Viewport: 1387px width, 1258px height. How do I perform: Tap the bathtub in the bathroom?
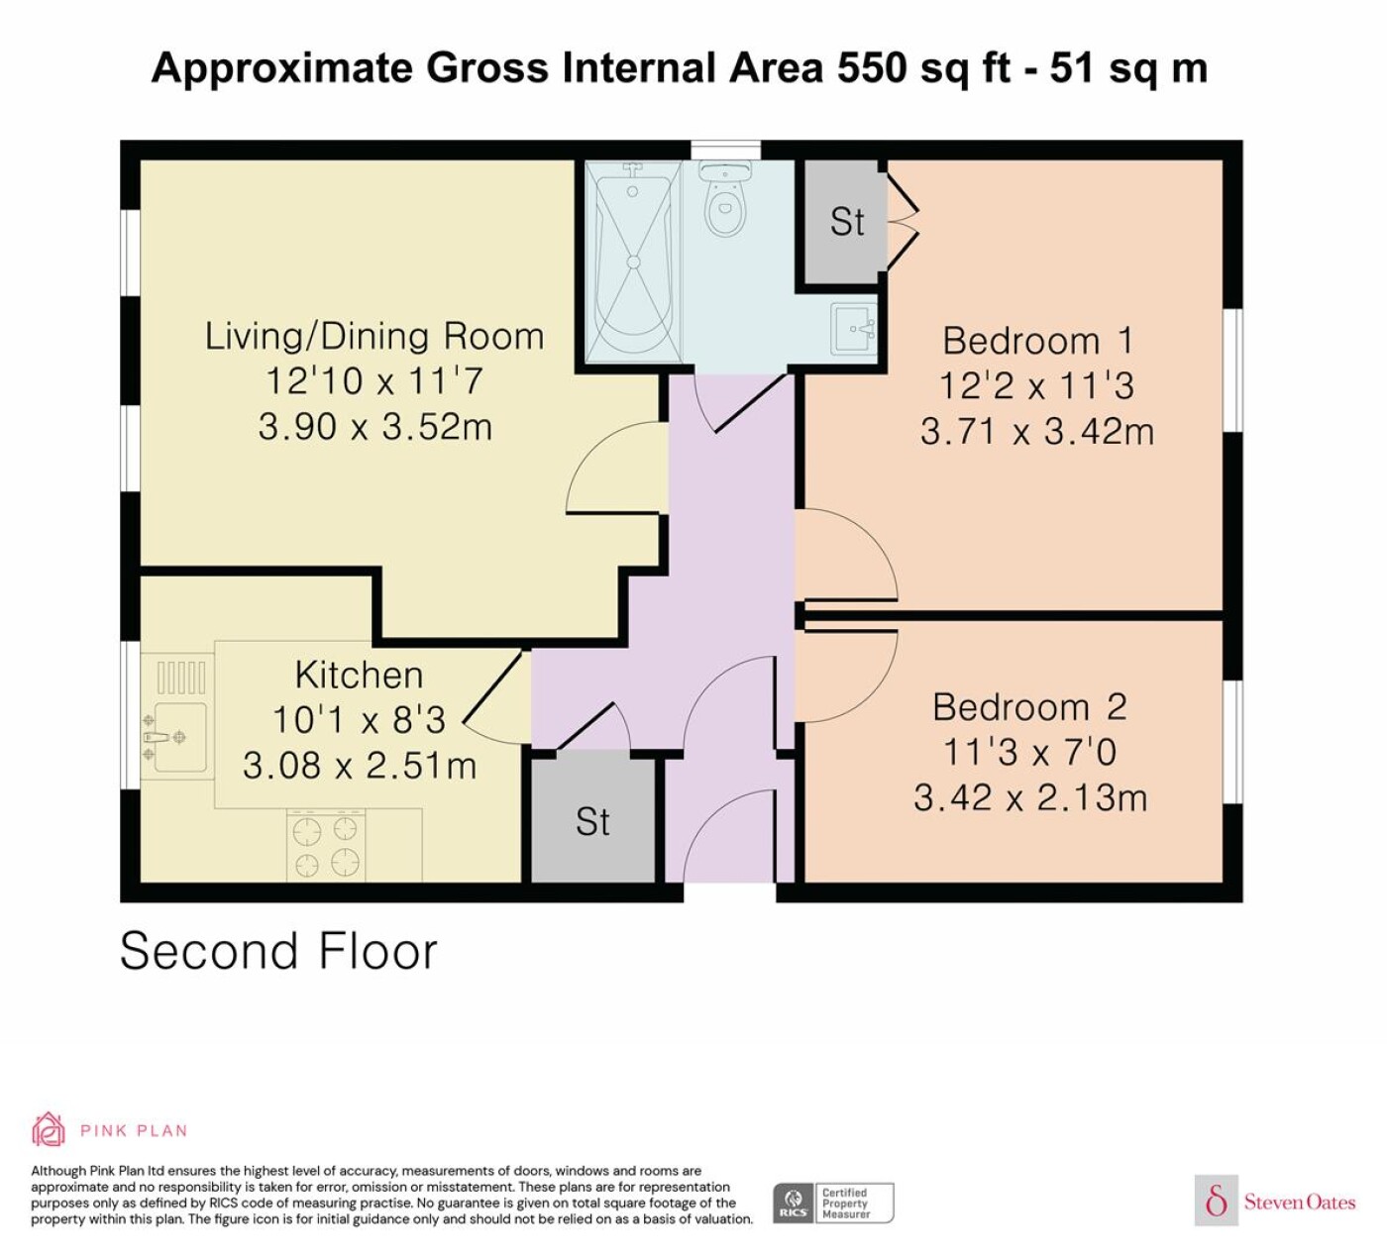pyautogui.click(x=633, y=262)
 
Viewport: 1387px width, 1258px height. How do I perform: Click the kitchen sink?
pyautogui.click(x=176, y=737)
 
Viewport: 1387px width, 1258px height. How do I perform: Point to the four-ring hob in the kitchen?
pyautogui.click(x=326, y=846)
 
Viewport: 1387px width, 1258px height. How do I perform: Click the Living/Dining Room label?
pyautogui.click(x=374, y=337)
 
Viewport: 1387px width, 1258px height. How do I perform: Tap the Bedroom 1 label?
pyautogui.click(x=1038, y=341)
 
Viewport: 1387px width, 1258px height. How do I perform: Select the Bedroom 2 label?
pyautogui.click(x=1029, y=707)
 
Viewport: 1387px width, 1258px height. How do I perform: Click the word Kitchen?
pyautogui.click(x=359, y=675)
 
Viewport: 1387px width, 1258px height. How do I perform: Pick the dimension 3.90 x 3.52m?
pyautogui.click(x=374, y=427)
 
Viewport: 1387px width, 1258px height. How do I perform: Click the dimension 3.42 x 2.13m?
pyautogui.click(x=1030, y=798)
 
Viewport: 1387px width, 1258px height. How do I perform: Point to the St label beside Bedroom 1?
pyautogui.click(x=847, y=222)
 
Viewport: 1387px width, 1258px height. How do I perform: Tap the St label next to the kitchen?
pyautogui.click(x=592, y=821)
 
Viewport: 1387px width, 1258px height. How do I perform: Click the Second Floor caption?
pyautogui.click(x=278, y=952)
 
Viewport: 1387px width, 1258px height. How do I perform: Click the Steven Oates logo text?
pyautogui.click(x=1299, y=1202)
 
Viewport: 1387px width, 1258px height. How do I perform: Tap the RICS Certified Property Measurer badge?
pyautogui.click(x=833, y=1203)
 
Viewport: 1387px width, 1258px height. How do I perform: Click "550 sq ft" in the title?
pyautogui.click(x=923, y=68)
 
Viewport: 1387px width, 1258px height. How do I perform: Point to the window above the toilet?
pyautogui.click(x=726, y=151)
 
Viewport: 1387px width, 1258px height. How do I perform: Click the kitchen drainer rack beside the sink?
pyautogui.click(x=181, y=678)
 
